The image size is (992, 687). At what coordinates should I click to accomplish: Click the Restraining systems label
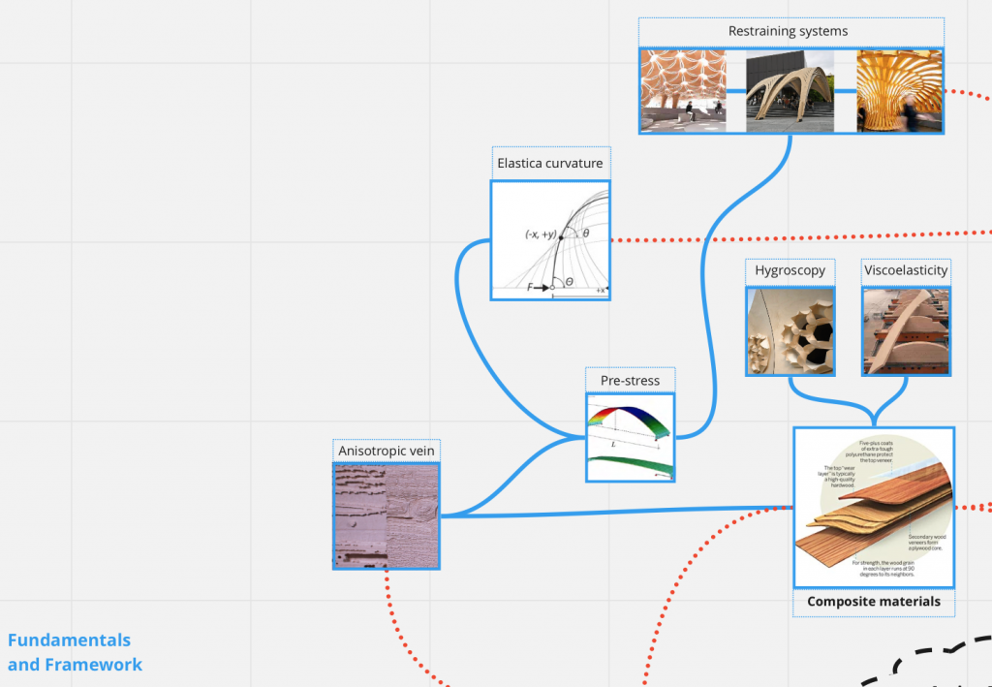(788, 31)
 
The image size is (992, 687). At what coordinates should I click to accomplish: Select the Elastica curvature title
(549, 163)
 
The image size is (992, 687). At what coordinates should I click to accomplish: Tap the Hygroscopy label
(790, 270)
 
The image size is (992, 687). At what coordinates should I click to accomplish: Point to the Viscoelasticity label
(905, 270)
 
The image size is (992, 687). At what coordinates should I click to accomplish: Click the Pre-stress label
(630, 380)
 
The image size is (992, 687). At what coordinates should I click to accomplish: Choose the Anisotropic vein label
(386, 451)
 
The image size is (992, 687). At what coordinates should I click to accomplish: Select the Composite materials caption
(873, 602)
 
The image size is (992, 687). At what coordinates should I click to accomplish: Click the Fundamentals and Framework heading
(75, 652)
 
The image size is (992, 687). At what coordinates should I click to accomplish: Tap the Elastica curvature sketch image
(550, 240)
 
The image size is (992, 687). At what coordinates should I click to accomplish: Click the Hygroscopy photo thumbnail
(790, 331)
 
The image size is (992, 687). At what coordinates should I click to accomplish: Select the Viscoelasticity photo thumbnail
(905, 331)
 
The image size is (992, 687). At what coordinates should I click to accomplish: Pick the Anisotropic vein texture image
(386, 515)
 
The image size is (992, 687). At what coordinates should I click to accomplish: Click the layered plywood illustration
(873, 507)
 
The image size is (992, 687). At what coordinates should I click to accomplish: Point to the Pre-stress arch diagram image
(630, 437)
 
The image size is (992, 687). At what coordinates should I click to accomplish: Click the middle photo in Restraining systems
(790, 90)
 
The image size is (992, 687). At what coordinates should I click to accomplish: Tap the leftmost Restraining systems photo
(683, 90)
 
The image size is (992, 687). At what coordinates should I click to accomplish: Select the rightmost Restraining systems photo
(899, 90)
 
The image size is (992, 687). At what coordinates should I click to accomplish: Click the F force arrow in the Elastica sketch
(540, 287)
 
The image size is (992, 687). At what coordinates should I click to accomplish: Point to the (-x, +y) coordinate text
(541, 234)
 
